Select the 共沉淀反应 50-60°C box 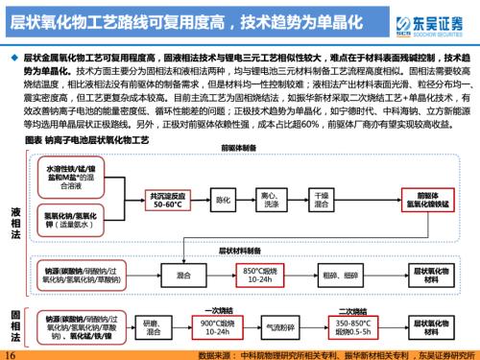tap(160, 202)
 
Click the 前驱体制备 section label tap(238, 149)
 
